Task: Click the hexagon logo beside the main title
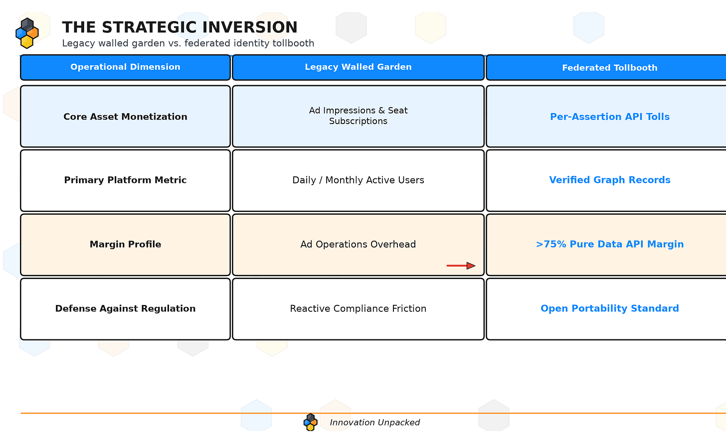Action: (x=27, y=33)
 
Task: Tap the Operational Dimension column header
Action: (x=126, y=67)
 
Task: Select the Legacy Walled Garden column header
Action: (x=358, y=67)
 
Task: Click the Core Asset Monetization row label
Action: (x=126, y=117)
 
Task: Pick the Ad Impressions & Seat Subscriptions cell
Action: (x=358, y=116)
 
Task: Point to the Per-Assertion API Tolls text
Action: (x=610, y=117)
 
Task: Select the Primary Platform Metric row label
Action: (x=126, y=180)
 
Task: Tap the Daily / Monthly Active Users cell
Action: (x=358, y=180)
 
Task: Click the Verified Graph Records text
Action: (x=610, y=180)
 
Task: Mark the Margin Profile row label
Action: (x=126, y=244)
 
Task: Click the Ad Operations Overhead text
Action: (x=358, y=244)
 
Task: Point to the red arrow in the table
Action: (x=461, y=266)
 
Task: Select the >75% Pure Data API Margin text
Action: (x=610, y=244)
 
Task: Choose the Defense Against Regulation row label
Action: (x=126, y=308)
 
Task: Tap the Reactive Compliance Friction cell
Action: (x=358, y=309)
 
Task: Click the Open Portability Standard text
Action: (x=610, y=308)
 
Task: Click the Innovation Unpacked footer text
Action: (x=374, y=423)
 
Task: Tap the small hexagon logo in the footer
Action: (x=311, y=422)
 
